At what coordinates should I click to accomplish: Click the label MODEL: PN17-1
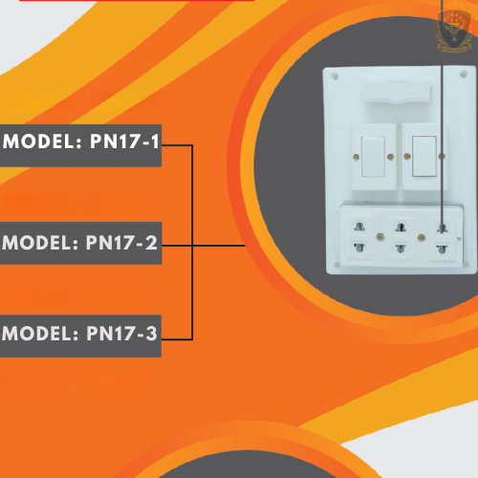click(x=81, y=141)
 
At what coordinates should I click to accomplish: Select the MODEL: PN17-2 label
click(x=79, y=243)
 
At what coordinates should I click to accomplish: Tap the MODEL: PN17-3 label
click(x=79, y=334)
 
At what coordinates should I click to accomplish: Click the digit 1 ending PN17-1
click(x=155, y=141)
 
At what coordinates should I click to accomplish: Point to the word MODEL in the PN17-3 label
click(x=36, y=334)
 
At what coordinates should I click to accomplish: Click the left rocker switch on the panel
click(x=373, y=157)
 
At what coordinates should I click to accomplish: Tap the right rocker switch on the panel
click(x=424, y=157)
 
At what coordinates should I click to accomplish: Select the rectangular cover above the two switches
click(x=398, y=91)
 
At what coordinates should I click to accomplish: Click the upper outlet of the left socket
click(x=359, y=228)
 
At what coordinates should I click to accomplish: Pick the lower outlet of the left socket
click(x=359, y=247)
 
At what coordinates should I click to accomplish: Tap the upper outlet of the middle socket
click(x=401, y=228)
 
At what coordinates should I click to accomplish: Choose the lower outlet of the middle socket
click(x=401, y=248)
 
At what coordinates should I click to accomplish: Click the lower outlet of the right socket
click(x=442, y=249)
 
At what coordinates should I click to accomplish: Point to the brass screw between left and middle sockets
click(x=380, y=237)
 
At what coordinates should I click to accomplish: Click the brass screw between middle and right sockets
click(x=422, y=237)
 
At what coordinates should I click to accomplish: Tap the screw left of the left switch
click(x=357, y=157)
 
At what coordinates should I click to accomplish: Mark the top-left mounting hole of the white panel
click(x=335, y=76)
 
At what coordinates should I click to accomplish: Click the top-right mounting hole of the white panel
click(x=464, y=75)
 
